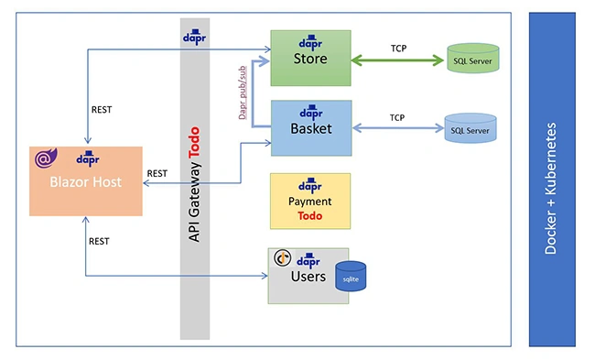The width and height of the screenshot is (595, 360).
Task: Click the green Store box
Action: point(310,58)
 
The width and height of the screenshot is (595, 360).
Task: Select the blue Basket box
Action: point(311,128)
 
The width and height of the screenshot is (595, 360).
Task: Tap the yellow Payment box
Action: point(310,201)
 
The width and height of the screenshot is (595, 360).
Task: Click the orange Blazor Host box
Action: point(86,181)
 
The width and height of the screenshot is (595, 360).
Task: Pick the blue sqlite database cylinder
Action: point(351,276)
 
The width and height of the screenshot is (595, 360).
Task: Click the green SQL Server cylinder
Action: point(473,58)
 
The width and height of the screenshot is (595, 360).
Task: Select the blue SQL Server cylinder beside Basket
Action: point(471,128)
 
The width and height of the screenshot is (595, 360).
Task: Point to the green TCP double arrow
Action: point(397,60)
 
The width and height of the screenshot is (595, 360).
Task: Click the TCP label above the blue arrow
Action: point(397,118)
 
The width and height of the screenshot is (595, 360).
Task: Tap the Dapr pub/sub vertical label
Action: point(243,93)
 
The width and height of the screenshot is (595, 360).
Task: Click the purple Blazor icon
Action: point(46,158)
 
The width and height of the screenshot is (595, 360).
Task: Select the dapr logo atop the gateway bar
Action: point(194,37)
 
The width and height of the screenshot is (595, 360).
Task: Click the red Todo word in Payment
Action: point(310,215)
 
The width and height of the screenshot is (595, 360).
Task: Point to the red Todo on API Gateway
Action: point(194,142)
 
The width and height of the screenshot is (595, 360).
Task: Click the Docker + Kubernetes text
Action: point(550,188)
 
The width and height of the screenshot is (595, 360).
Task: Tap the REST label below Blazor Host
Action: point(99,241)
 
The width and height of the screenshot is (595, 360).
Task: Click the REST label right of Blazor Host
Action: point(157,173)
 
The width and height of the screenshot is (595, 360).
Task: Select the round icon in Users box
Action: point(283,258)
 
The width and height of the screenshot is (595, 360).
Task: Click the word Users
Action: point(308,277)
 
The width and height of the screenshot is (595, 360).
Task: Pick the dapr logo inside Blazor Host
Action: point(88,158)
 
